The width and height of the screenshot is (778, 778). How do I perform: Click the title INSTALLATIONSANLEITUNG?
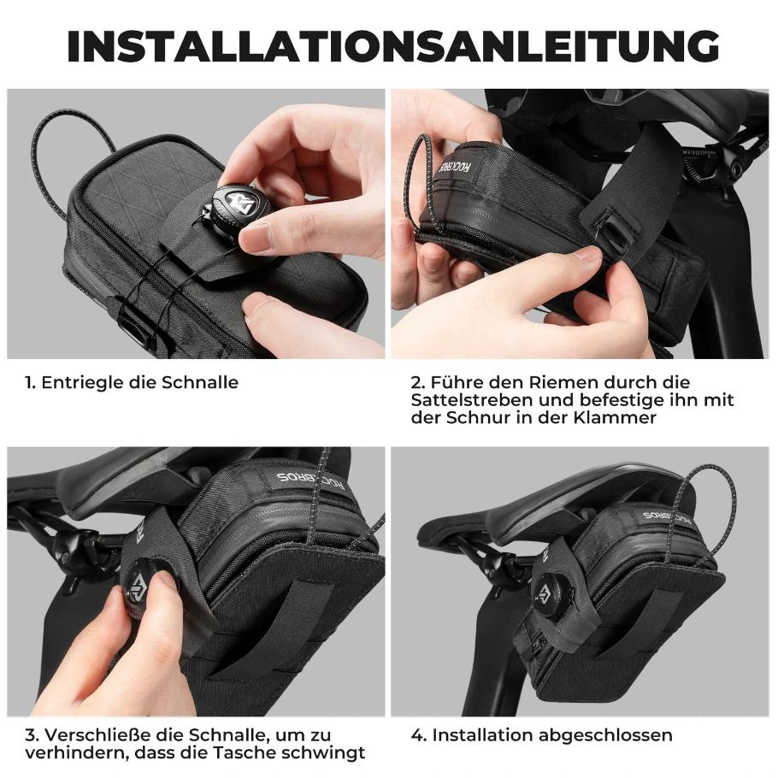tap(393, 46)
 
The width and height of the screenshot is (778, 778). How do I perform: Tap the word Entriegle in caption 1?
tap(82, 382)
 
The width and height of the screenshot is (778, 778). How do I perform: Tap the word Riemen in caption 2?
tap(560, 382)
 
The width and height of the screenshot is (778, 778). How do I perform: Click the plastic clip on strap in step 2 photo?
tap(614, 233)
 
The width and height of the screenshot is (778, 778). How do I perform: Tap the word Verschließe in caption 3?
tap(99, 735)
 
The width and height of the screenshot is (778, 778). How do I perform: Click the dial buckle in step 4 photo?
tap(551, 596)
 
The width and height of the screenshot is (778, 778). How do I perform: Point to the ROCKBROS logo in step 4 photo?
tap(666, 517)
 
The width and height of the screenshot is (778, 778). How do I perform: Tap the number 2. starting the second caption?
tap(418, 382)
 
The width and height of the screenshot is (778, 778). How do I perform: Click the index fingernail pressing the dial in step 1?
tap(256, 236)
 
